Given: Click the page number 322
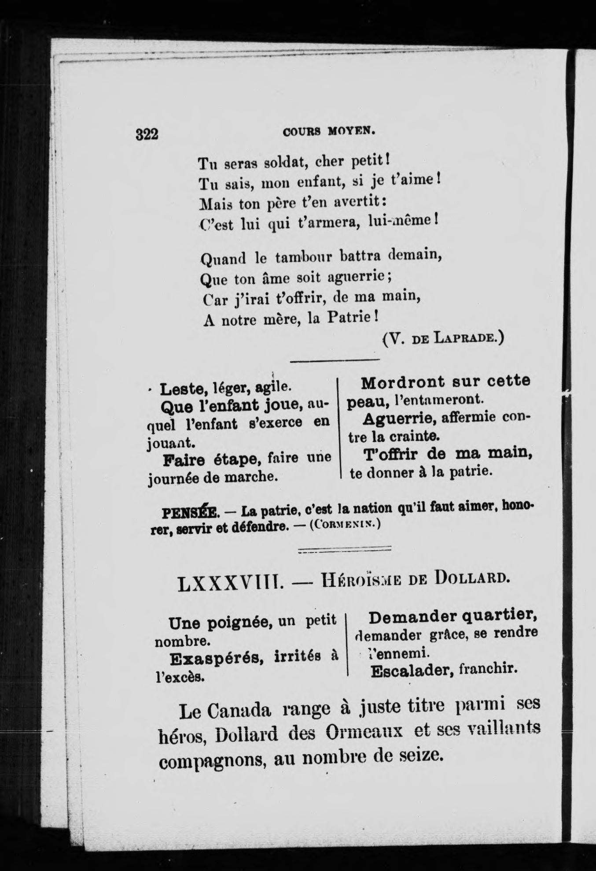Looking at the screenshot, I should click(x=147, y=133).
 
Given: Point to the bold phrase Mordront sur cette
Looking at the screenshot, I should click(x=445, y=382).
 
